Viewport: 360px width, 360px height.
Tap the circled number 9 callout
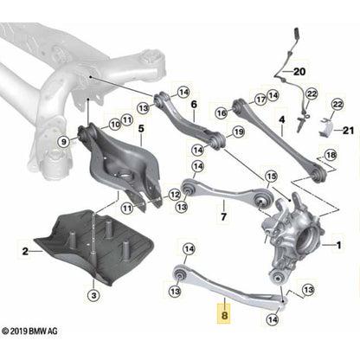click(63, 141)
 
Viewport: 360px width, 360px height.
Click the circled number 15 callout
click(272, 177)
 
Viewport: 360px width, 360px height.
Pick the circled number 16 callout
click(221, 112)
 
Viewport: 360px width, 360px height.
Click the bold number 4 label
click(281, 119)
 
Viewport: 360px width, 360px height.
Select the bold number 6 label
click(194, 104)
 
